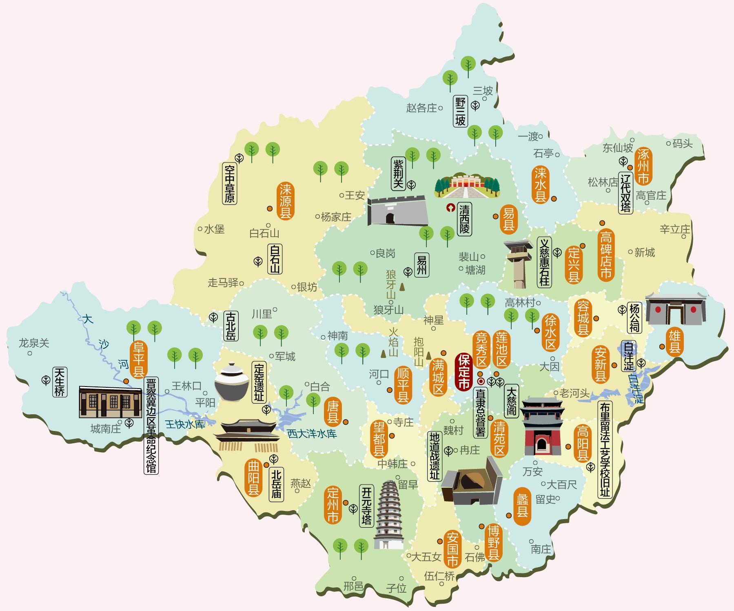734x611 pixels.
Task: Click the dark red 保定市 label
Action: pyautogui.click(x=463, y=371)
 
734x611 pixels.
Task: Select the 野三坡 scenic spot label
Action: pyautogui.click(x=460, y=111)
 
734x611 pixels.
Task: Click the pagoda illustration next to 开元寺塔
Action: pyautogui.click(x=388, y=515)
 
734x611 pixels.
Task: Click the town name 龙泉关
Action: pyautogui.click(x=34, y=343)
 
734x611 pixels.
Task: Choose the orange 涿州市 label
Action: pyautogui.click(x=644, y=167)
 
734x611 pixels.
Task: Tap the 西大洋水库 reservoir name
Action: pyautogui.click(x=312, y=434)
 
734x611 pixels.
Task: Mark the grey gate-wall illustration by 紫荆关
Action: pyautogui.click(x=397, y=211)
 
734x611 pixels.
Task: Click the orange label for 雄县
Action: pyautogui.click(x=674, y=342)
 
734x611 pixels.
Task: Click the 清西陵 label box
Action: pyautogui.click(x=464, y=219)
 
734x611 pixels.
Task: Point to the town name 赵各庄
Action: pyautogui.click(x=421, y=108)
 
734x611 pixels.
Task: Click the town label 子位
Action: pyautogui.click(x=396, y=588)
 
